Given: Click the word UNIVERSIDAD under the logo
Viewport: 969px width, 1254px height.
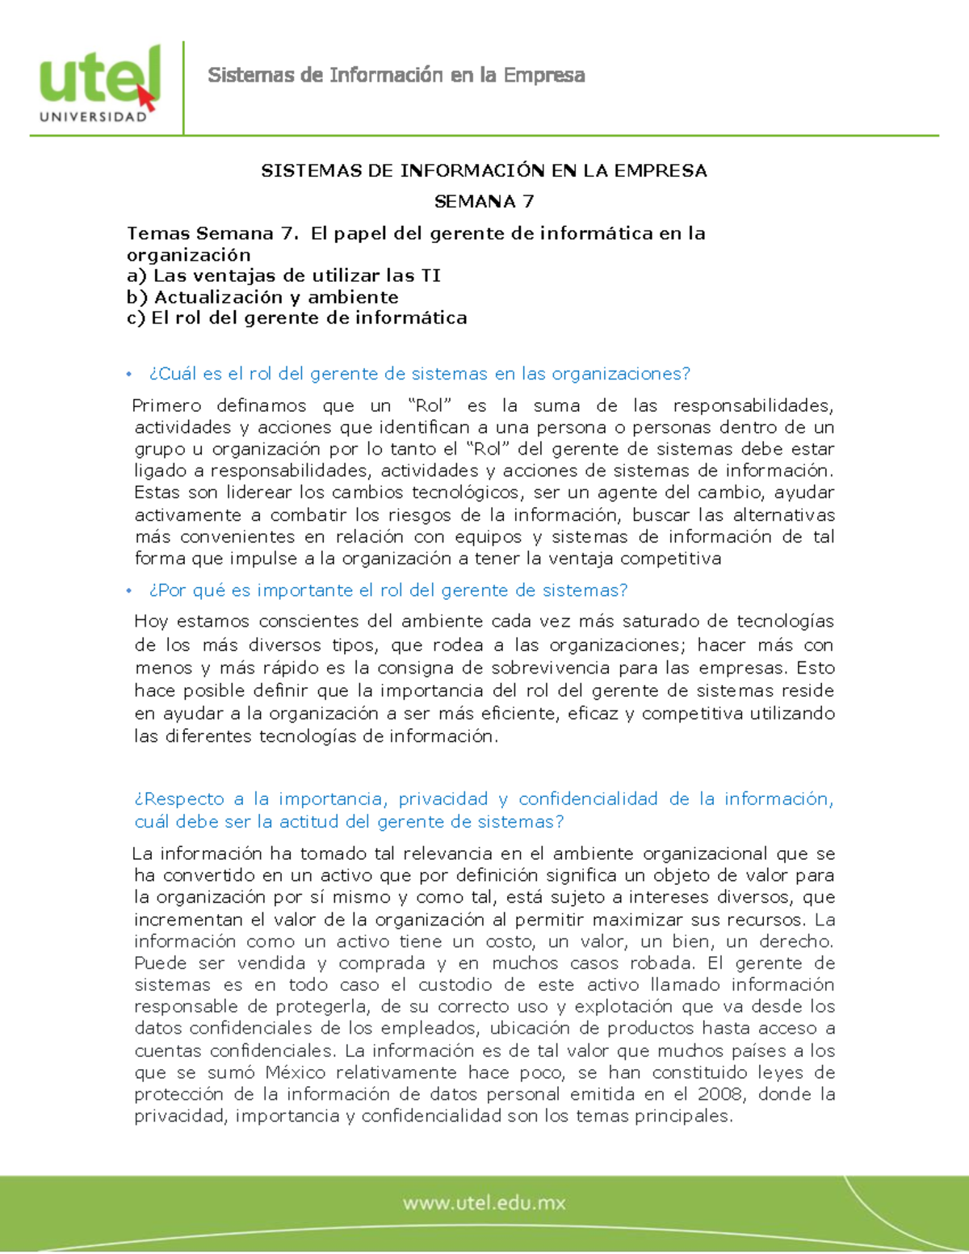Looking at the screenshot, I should coord(93,117).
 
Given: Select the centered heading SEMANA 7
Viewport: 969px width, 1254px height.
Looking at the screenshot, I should coord(484,201).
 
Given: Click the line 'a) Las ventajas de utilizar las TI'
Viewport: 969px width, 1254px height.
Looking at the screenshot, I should coord(283,275).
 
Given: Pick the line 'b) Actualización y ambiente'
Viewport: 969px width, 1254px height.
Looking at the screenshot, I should coord(262,296).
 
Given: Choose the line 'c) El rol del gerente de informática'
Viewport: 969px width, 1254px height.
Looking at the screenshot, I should coord(296,317).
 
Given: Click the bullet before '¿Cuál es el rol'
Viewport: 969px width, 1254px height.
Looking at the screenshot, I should coord(128,374).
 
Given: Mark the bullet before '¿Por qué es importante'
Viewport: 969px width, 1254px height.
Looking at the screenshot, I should coord(128,590).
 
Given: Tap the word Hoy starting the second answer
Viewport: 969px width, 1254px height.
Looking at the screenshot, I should coord(151,621).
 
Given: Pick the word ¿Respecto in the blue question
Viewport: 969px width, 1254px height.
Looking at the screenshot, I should coord(179,799).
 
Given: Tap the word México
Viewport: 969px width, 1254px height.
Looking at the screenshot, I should coord(296,1072).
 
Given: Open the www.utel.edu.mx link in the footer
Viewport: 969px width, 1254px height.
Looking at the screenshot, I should coord(484,1203).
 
